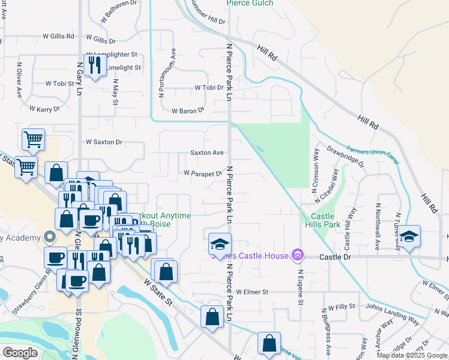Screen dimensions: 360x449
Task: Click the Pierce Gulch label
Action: (250, 3)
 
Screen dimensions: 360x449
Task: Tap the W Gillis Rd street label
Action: (58, 36)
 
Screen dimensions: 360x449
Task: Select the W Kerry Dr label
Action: (44, 109)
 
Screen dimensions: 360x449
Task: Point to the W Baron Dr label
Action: (188, 111)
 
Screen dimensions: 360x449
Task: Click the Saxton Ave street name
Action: (207, 153)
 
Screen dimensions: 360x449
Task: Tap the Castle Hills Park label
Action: (325, 220)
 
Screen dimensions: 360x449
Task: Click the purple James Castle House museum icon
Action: (296, 256)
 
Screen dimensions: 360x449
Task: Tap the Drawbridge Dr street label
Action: (345, 155)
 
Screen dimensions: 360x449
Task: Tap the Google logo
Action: (20, 352)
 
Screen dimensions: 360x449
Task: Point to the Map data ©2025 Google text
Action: (411, 355)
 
